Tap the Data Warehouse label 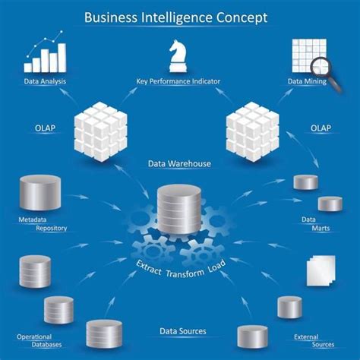point(180,163)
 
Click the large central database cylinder point(179,209)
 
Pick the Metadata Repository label point(43,224)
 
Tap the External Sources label point(314,339)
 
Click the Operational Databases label point(38,339)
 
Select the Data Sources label point(182,331)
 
